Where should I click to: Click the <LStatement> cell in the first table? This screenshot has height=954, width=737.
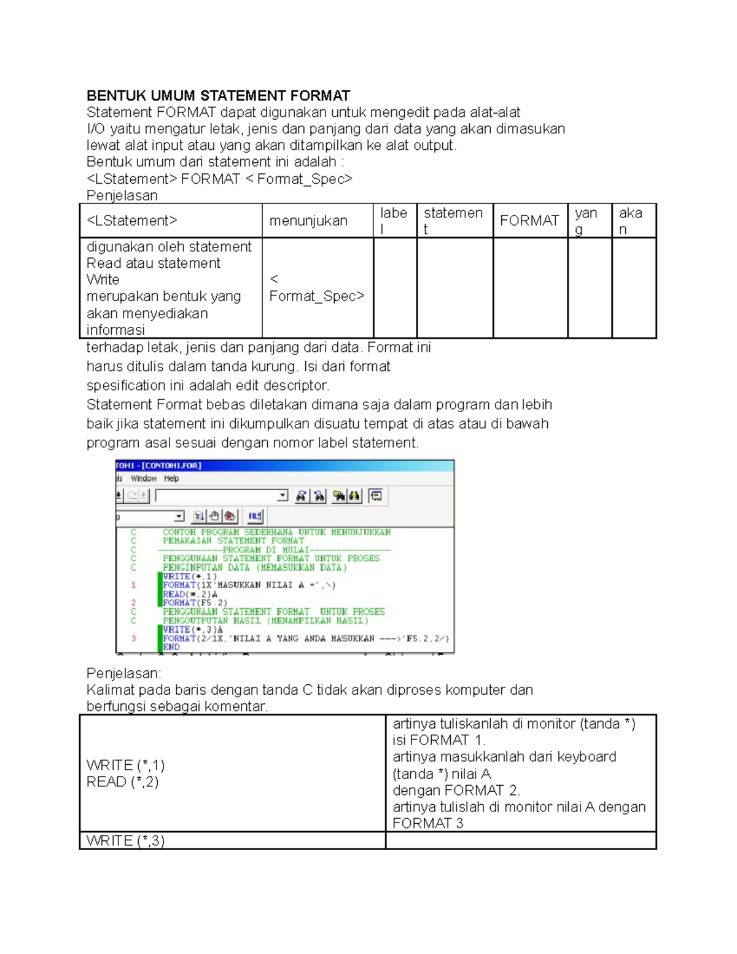pyautogui.click(x=132, y=221)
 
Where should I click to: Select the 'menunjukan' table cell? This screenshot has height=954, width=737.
pyautogui.click(x=308, y=221)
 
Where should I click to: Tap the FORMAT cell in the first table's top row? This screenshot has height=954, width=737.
pyautogui.click(x=529, y=221)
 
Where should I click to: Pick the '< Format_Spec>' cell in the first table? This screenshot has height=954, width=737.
pyautogui.click(x=316, y=288)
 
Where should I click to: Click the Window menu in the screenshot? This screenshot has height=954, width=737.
pyautogui.click(x=143, y=479)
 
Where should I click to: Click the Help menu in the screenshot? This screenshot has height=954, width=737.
pyautogui.click(x=171, y=479)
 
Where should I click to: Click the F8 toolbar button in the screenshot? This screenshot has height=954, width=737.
pyautogui.click(x=255, y=516)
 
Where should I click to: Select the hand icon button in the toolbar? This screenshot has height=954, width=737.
pyautogui.click(x=214, y=516)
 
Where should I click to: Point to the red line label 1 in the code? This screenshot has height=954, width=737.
pyautogui.click(x=133, y=585)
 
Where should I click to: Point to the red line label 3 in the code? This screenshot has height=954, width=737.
pyautogui.click(x=133, y=639)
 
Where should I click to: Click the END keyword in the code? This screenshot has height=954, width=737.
pyautogui.click(x=171, y=647)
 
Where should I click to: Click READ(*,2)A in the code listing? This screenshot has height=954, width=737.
pyautogui.click(x=190, y=594)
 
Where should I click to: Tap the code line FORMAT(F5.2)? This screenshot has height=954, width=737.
pyautogui.click(x=195, y=603)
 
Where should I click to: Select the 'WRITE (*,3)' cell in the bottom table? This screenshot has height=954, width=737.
pyautogui.click(x=125, y=841)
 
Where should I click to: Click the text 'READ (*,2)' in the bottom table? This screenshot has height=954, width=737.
pyautogui.click(x=122, y=782)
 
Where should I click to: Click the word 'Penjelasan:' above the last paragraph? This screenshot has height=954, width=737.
pyautogui.click(x=123, y=673)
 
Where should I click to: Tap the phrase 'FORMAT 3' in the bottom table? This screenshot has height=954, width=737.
pyautogui.click(x=427, y=824)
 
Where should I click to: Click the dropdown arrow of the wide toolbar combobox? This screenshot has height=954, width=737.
pyautogui.click(x=283, y=496)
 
